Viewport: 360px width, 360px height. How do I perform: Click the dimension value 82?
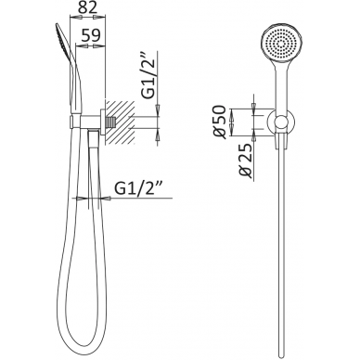[x=87, y=7]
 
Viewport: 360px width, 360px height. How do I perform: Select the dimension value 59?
[x=91, y=35]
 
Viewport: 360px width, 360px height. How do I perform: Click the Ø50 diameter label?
[x=220, y=122]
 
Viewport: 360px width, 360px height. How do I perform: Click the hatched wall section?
[x=120, y=122]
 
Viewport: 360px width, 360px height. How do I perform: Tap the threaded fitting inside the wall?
[x=109, y=122]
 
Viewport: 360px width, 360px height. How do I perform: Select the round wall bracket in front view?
[x=281, y=122]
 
